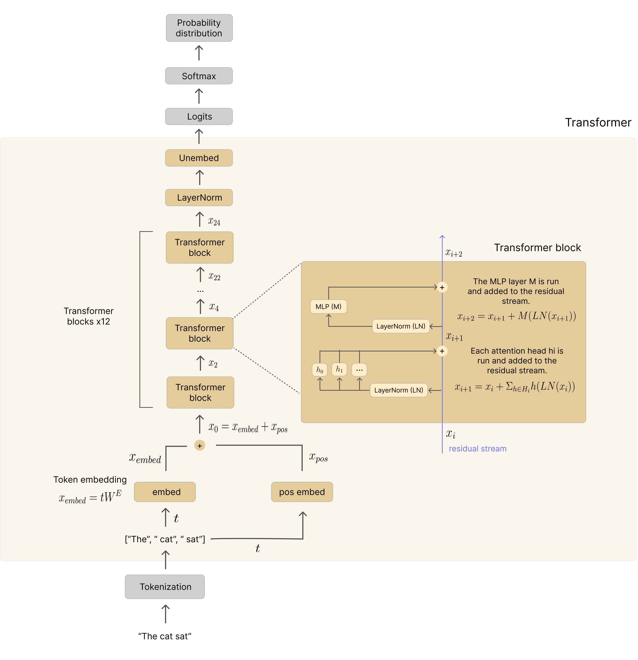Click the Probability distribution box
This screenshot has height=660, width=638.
point(199,28)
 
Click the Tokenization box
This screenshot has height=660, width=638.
point(165,587)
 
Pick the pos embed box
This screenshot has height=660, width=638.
point(302,492)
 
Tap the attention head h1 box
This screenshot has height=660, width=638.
point(339,369)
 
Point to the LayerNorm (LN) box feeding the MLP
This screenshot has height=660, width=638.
point(401,326)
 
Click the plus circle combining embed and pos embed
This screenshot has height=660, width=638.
point(200,446)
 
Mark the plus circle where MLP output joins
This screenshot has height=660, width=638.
point(442,287)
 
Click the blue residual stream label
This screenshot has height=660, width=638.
point(478,449)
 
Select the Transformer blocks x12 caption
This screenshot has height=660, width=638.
point(88,316)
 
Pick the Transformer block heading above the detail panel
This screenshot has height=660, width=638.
point(537,248)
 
